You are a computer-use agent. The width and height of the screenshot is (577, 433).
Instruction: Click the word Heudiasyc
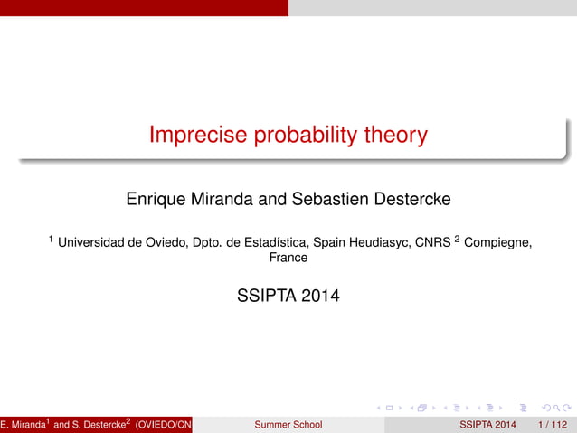point(381,241)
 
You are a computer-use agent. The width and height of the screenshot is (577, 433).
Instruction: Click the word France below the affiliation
point(288,258)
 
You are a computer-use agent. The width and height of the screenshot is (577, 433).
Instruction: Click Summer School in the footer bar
point(288,424)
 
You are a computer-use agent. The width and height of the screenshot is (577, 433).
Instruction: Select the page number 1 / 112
point(552,424)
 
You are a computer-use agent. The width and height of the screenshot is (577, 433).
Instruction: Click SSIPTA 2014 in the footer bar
point(488,424)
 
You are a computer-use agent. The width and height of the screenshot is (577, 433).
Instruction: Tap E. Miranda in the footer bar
point(23,424)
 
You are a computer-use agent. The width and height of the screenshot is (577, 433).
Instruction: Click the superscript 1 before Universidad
point(51,239)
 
